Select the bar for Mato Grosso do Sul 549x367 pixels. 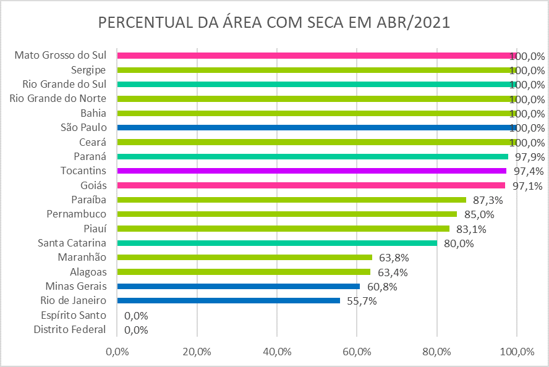pyautogui.click(x=315, y=56)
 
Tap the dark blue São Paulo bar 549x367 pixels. pyautogui.click(x=315, y=128)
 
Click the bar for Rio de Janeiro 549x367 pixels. pyautogui.click(x=228, y=301)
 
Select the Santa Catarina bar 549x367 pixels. pyautogui.click(x=277, y=243)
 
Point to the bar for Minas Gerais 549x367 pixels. pyautogui.click(x=238, y=286)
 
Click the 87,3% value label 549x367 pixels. pyautogui.click(x=488, y=200)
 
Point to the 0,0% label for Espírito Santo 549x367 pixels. pyautogui.click(x=136, y=316)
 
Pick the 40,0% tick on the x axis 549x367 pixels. pyautogui.click(x=277, y=352)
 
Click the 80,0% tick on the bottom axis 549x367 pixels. pyautogui.click(x=437, y=352)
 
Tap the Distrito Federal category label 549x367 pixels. pyautogui.click(x=70, y=330)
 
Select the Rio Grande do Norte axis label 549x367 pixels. pyautogui.click(x=58, y=98)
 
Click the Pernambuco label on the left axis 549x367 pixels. pyautogui.click(x=76, y=214)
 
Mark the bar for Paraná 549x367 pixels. pyautogui.click(x=312, y=157)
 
